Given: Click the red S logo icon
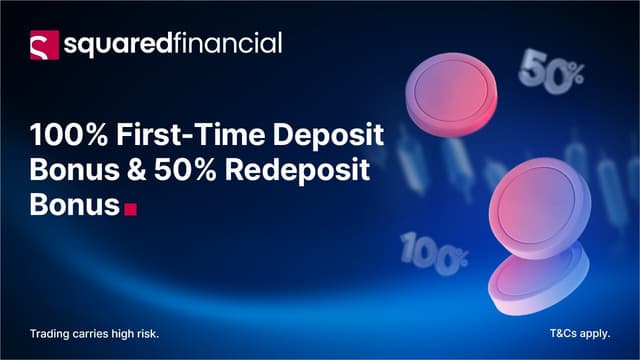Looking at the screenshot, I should coord(44,44).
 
